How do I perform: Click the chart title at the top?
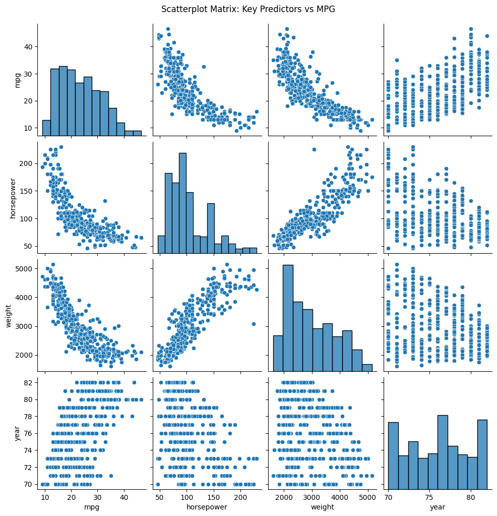[x=248, y=9]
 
